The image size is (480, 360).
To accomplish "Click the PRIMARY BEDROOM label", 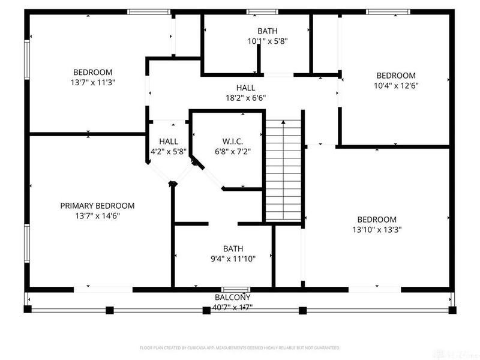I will click(x=97, y=206).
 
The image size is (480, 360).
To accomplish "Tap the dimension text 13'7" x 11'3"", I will click(x=93, y=82).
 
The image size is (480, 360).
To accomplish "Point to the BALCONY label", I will click(x=233, y=298).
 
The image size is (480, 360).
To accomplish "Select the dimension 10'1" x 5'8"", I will click(x=268, y=41).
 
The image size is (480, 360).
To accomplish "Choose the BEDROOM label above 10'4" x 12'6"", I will click(x=395, y=76).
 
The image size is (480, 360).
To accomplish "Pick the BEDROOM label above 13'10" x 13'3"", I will click(x=377, y=220).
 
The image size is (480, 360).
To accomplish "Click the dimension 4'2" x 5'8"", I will click(x=169, y=152).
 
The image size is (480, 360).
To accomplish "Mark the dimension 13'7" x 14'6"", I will click(x=97, y=215).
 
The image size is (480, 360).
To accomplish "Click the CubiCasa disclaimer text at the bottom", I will click(x=240, y=347).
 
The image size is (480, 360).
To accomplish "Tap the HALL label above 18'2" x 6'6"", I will click(x=245, y=88).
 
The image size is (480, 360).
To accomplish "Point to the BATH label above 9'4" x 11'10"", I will click(x=233, y=248).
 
